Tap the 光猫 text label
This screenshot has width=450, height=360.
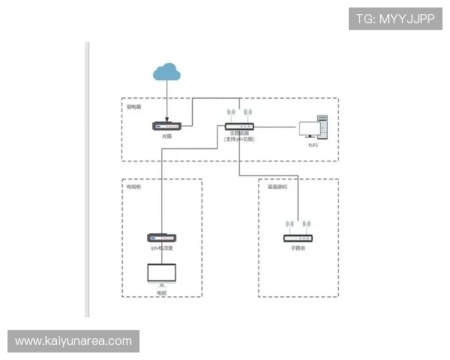[x=166, y=136]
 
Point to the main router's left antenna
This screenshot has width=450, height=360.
[x=229, y=116]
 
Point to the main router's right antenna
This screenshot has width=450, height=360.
[x=248, y=116]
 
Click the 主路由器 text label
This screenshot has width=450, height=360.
[x=240, y=133]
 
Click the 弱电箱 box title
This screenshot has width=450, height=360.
[x=134, y=106]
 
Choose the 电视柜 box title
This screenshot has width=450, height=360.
[x=134, y=186]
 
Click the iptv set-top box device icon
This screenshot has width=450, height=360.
[x=162, y=238]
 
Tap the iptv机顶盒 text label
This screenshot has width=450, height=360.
[x=162, y=247]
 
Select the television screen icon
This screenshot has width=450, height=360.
[x=161, y=274]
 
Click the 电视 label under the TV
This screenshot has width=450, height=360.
[x=161, y=292]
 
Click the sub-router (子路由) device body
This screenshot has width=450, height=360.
[x=298, y=238]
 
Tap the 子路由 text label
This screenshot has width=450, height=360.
[x=298, y=247]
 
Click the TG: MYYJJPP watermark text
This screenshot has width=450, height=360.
[x=395, y=19]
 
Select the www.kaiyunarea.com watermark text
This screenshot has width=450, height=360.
[x=73, y=341]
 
